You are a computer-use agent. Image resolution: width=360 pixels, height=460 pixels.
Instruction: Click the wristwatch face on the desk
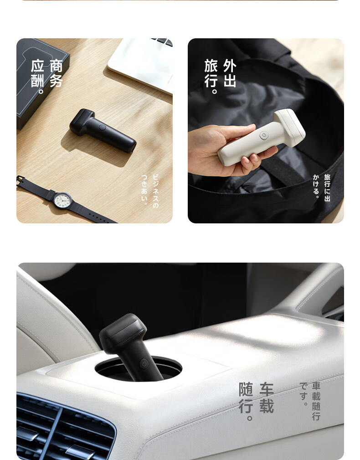coord(62,201)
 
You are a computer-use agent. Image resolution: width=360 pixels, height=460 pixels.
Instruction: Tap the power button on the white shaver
coord(264,135)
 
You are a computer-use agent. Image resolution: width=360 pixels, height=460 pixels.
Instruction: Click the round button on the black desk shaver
coord(103,127)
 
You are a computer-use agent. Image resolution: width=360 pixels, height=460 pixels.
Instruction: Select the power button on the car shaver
coord(144,364)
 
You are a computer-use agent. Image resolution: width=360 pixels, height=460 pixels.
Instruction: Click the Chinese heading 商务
coord(56,73)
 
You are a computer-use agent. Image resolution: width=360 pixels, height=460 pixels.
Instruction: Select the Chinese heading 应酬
coord(38,73)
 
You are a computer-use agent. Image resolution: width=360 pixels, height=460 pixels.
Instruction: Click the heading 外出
coord(230,73)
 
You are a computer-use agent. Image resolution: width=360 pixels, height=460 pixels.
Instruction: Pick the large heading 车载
coord(267,398)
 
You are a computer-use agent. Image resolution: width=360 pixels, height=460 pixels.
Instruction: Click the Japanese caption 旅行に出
coord(327,188)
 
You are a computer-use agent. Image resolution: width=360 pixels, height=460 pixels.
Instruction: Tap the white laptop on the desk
coord(141,65)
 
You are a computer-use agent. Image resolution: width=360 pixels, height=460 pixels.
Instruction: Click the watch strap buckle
coord(20,181)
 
